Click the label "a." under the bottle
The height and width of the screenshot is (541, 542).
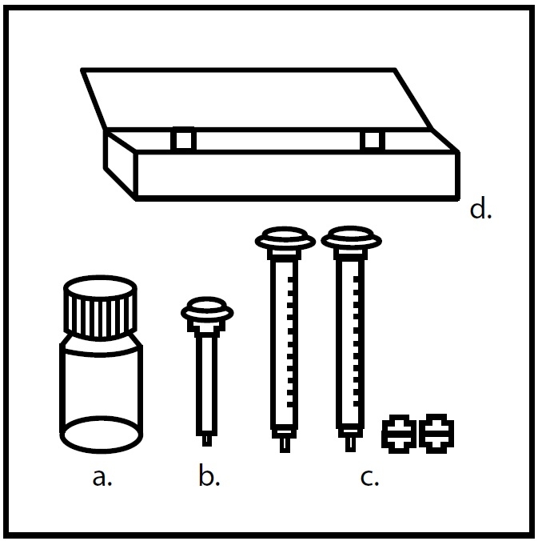(x=102, y=478)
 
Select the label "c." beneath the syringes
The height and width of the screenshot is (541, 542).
(x=369, y=478)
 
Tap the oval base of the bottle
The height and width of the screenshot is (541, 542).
(x=101, y=435)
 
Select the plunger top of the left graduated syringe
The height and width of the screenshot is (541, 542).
(x=285, y=238)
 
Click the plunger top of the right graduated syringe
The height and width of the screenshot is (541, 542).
(x=351, y=238)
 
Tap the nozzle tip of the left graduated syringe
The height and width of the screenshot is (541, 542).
(x=285, y=446)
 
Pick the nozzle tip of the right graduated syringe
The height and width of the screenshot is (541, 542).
(x=350, y=445)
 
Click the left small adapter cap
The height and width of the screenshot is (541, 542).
(x=399, y=433)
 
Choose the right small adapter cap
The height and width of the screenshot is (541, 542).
(x=436, y=433)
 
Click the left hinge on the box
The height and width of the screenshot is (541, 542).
(x=184, y=139)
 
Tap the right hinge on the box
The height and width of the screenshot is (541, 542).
(x=373, y=140)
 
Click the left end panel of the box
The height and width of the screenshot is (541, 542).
(x=120, y=163)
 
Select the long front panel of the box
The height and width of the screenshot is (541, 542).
(x=297, y=175)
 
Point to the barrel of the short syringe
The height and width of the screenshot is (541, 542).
(x=207, y=384)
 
